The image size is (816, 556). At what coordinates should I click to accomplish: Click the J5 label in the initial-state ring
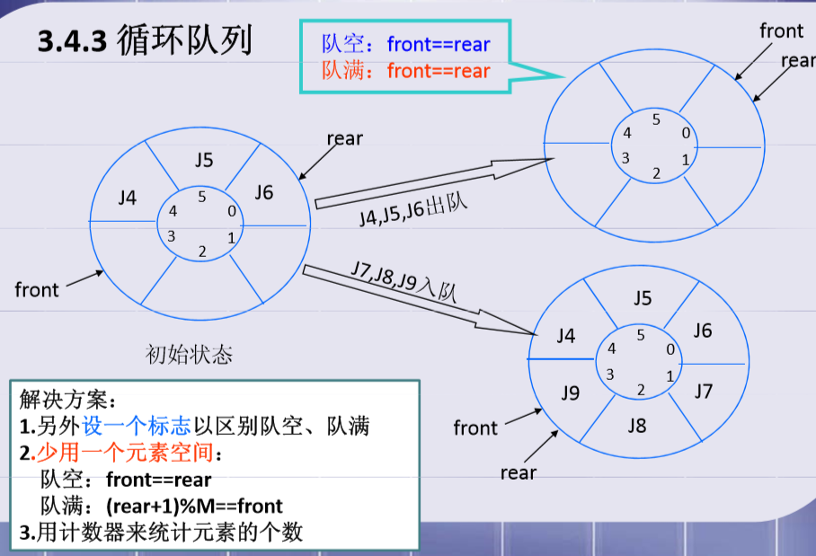point(204,161)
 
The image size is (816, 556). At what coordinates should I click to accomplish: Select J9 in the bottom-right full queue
point(571,393)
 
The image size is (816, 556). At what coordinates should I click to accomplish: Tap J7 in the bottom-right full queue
point(703,392)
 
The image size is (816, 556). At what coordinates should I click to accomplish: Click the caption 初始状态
point(189,355)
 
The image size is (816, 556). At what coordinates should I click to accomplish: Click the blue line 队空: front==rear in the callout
point(405,43)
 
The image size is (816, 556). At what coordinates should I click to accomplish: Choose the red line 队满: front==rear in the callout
point(405,70)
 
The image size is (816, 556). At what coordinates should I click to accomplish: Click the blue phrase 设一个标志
point(133,426)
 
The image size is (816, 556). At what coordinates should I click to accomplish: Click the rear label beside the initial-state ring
point(344,138)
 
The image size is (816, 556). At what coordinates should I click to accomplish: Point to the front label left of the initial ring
point(37,290)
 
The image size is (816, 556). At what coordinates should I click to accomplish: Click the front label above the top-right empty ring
point(781,31)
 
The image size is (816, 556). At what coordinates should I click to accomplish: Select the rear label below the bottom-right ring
point(518,473)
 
